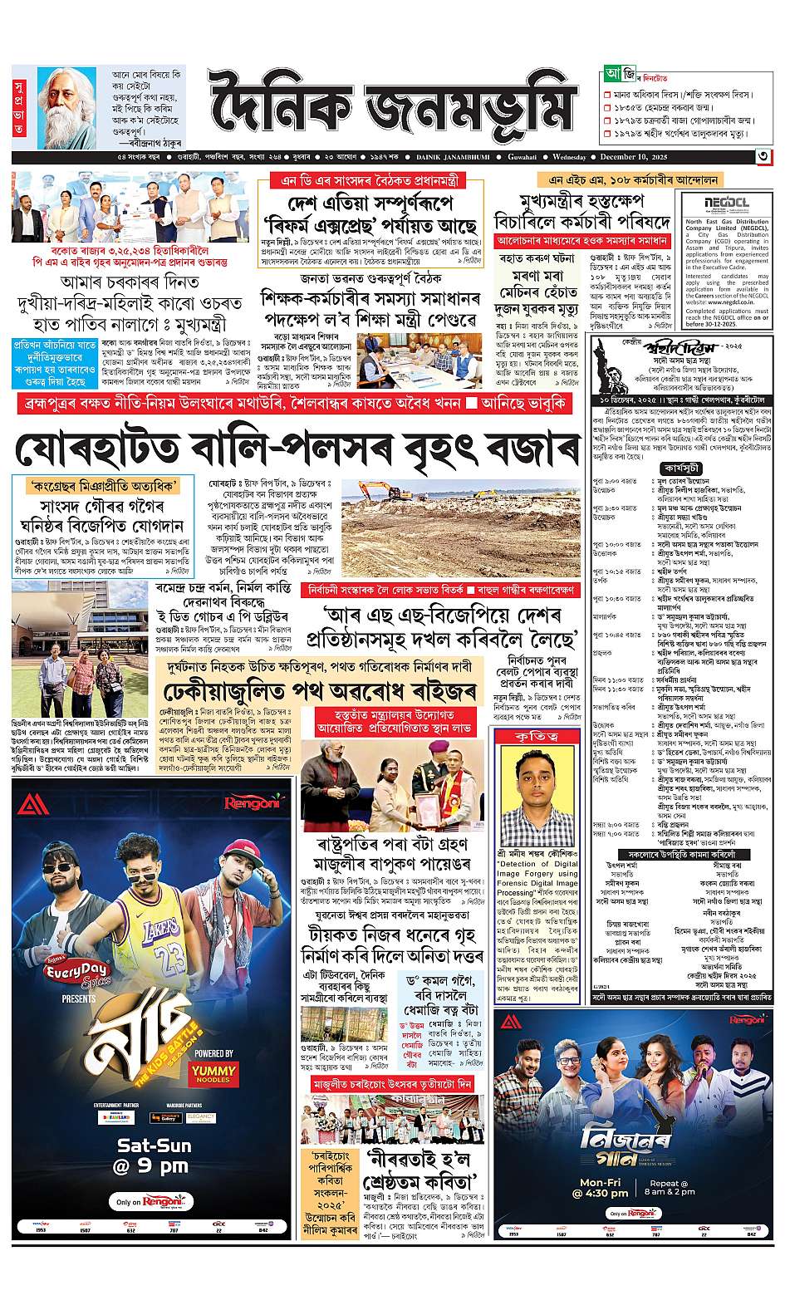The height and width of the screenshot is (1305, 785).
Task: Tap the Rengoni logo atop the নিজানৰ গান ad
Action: click(x=744, y=1019)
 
